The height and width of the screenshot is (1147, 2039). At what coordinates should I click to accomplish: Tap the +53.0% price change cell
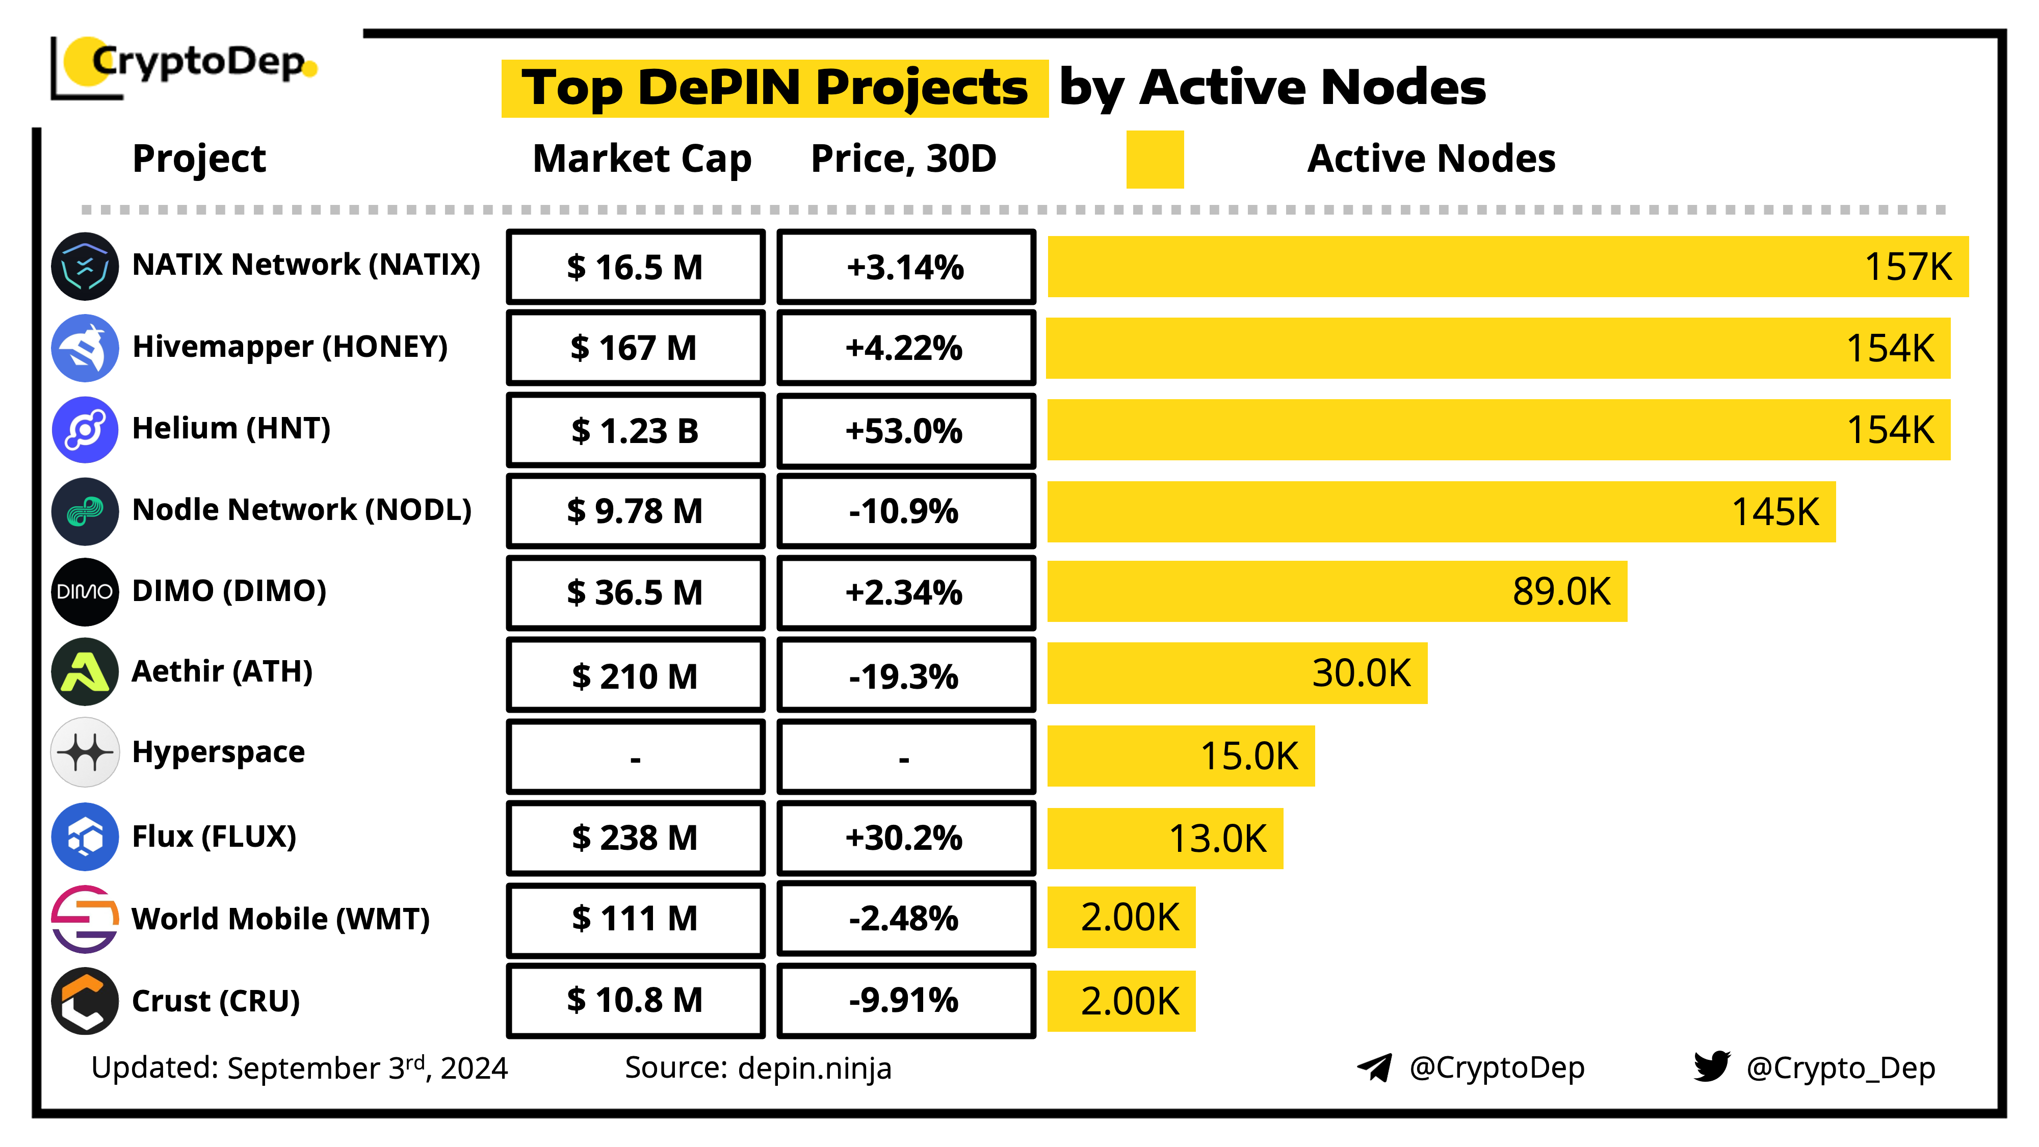tap(905, 431)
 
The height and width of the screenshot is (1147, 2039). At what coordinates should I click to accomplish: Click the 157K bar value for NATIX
tap(1907, 267)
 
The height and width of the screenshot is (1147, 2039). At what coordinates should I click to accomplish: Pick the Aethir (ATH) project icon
tap(85, 672)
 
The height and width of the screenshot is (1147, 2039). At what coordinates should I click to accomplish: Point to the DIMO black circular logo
tap(85, 591)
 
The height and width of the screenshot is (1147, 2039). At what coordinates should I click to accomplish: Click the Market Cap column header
tap(641, 159)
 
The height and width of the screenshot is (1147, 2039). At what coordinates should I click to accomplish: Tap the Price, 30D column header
tap(903, 159)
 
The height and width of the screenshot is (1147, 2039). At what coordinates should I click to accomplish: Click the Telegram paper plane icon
tap(1374, 1067)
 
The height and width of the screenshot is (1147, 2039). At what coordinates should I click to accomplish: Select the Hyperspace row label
tap(219, 752)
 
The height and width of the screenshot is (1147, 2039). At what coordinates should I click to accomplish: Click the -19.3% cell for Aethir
tap(905, 676)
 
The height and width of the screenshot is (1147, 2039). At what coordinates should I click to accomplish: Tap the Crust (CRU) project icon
tap(85, 1001)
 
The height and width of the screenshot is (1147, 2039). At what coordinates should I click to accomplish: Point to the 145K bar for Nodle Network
tap(1441, 511)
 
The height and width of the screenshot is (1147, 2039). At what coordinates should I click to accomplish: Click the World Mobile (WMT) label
tap(280, 919)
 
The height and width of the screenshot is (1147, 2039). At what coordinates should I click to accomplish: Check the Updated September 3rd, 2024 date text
tap(299, 1068)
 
